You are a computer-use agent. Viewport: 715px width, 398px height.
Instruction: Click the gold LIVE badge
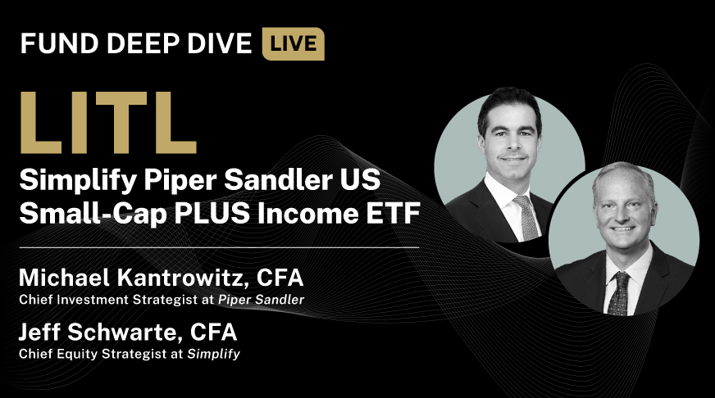pos(293,44)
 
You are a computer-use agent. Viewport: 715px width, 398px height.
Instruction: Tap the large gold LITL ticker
pos(107,121)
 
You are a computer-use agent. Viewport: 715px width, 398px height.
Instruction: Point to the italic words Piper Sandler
pos(261,300)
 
